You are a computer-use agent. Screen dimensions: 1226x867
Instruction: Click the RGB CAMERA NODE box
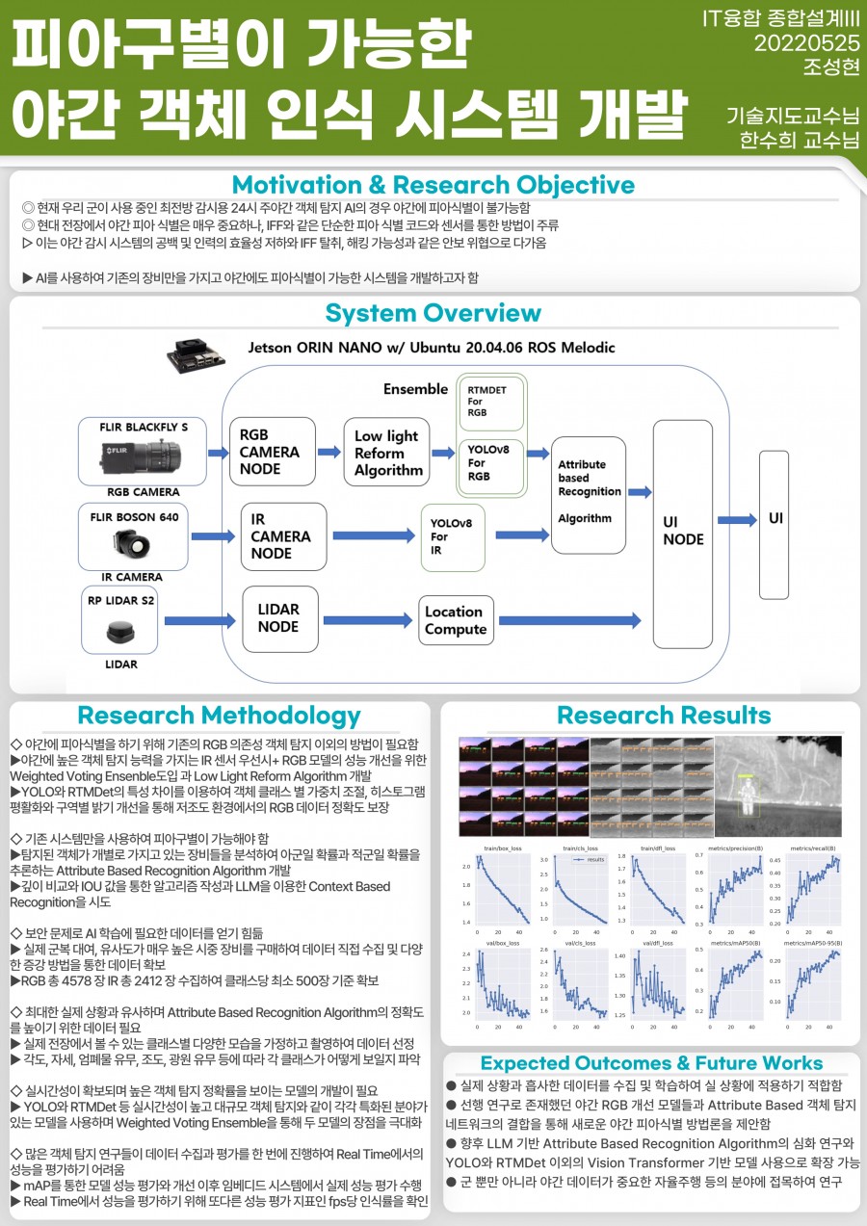pos(272,451)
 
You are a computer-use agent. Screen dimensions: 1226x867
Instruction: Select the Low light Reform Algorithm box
pos(385,453)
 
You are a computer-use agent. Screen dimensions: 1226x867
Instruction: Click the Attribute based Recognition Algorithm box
pos(588,491)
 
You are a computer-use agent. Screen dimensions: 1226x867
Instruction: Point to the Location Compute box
pos(457,620)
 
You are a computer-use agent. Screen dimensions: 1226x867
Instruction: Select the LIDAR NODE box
pos(278,618)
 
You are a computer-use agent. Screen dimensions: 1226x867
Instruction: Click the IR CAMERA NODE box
pos(278,536)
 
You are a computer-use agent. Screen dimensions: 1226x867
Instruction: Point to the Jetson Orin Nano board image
pos(197,354)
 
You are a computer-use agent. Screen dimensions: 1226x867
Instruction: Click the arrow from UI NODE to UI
pos(736,520)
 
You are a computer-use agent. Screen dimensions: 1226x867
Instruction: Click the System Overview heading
pos(433,313)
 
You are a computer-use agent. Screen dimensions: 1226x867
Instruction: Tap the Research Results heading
pos(664,716)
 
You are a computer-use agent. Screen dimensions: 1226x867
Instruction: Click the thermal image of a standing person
pos(778,785)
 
